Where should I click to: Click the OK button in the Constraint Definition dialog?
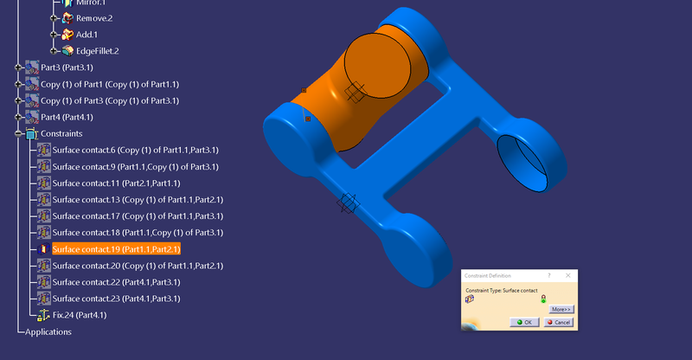click(x=524, y=322)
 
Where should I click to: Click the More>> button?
click(x=561, y=309)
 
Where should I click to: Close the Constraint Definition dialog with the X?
click(x=567, y=275)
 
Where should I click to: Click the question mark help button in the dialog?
click(x=549, y=275)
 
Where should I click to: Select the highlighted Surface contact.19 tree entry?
click(x=116, y=249)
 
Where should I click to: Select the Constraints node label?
click(x=61, y=134)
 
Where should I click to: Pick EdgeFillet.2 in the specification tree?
click(x=97, y=51)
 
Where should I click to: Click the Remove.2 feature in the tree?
click(x=94, y=17)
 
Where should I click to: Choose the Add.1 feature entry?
click(x=87, y=35)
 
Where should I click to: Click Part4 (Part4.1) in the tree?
click(x=67, y=117)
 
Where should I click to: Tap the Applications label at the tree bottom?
click(x=48, y=331)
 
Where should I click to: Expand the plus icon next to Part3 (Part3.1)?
click(x=17, y=67)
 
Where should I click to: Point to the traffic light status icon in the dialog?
click(x=543, y=299)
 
